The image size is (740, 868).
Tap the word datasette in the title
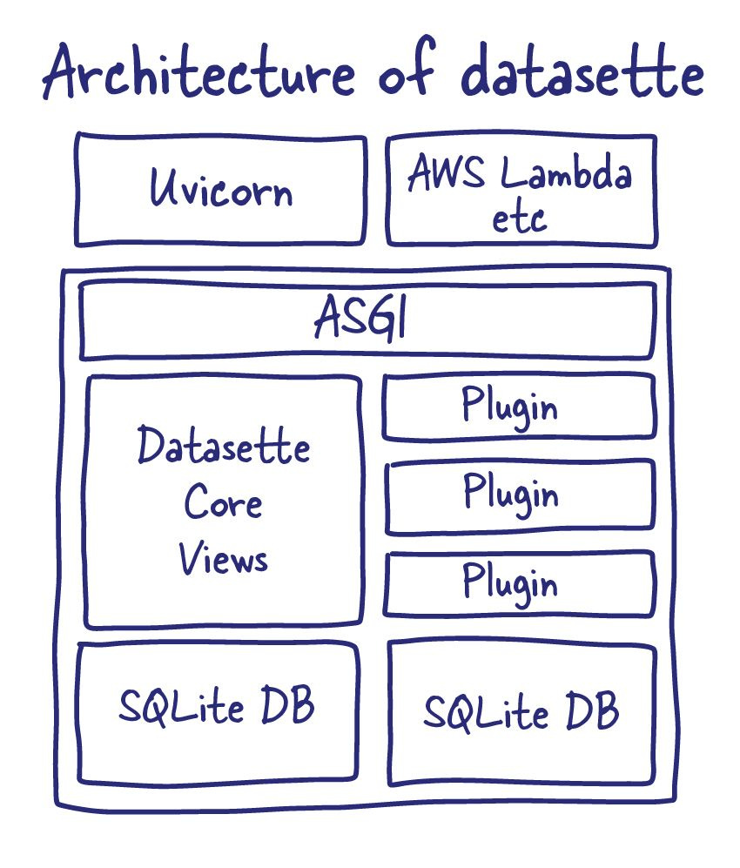(582, 74)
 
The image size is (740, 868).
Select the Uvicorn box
(221, 189)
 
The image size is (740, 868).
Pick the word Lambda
(566, 175)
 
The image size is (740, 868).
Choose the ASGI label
(361, 320)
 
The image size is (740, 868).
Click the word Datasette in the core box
(224, 447)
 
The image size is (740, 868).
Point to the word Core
(223, 503)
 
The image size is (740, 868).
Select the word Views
(224, 558)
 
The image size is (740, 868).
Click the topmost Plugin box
(520, 406)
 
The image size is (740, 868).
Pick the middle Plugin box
(520, 495)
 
